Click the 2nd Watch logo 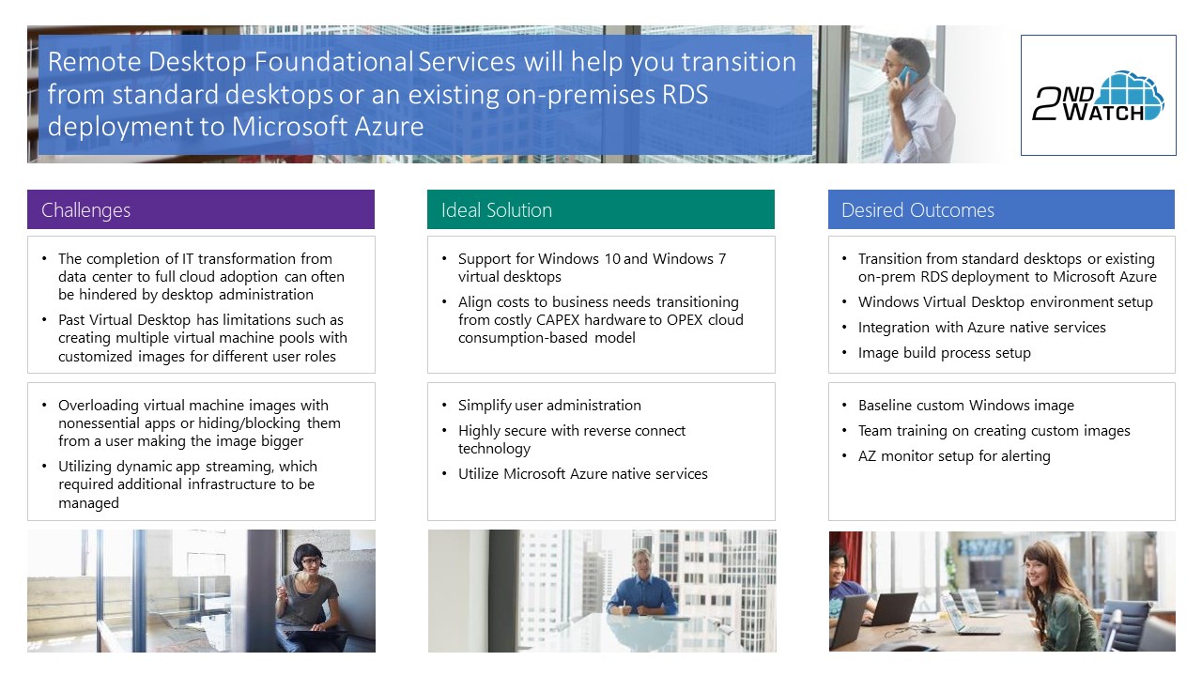coord(1098,96)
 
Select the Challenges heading coord(85,209)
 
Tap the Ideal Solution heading coord(497,209)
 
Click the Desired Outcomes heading coord(917,209)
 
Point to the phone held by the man coord(906,74)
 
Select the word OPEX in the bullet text coord(685,320)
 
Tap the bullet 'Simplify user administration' coord(549,405)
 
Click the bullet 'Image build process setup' coord(945,353)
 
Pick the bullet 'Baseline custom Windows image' coord(966,405)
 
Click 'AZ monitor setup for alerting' coord(954,456)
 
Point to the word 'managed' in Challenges coord(88,503)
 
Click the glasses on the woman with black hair coord(311,561)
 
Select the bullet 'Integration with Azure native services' coord(982,328)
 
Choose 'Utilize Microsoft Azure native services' coord(583,474)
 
